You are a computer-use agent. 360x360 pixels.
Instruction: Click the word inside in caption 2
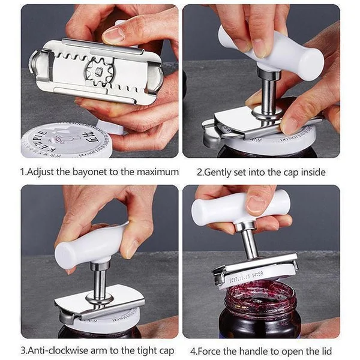point(312,172)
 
